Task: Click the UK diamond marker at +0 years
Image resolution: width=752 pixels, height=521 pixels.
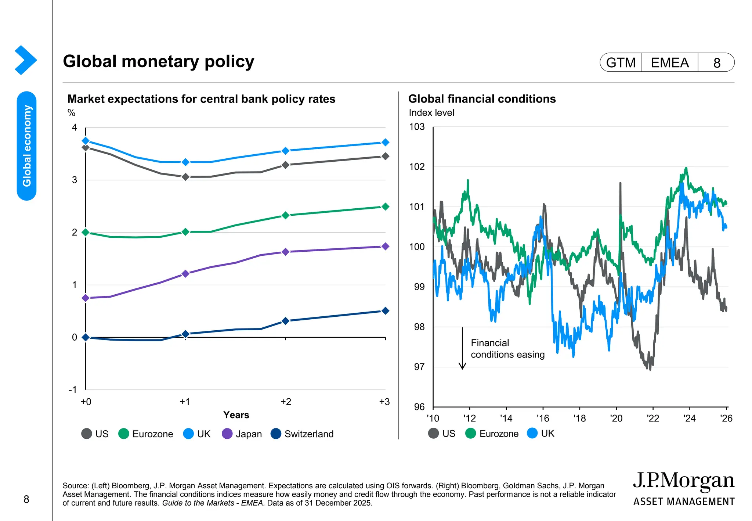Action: tap(86, 141)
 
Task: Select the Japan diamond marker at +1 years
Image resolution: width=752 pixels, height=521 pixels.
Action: tap(185, 274)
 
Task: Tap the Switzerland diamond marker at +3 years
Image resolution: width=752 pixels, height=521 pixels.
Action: tap(385, 311)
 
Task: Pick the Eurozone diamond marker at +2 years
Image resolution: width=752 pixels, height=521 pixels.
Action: tap(285, 215)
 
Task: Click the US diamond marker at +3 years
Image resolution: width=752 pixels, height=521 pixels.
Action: tap(385, 156)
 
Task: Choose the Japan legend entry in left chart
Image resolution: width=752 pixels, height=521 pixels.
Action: tap(242, 434)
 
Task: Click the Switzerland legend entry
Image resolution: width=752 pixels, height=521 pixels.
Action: tap(302, 434)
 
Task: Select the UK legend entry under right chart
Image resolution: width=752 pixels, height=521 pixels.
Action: tap(540, 434)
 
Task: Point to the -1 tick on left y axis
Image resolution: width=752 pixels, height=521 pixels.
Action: tap(73, 390)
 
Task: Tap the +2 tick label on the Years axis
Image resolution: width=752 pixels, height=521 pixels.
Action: tap(285, 402)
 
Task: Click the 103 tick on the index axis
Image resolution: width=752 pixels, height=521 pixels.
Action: tap(417, 127)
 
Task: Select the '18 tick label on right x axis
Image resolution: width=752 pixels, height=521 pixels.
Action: tap(579, 418)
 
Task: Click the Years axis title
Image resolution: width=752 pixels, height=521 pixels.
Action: tap(236, 415)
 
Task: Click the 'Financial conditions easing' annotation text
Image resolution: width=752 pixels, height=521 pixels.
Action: tap(507, 349)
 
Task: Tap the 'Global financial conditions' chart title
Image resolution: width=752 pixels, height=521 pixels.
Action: tap(482, 99)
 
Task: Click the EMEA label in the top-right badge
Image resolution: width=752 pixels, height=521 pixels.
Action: tap(669, 63)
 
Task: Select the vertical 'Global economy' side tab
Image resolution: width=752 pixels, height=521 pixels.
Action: tap(27, 146)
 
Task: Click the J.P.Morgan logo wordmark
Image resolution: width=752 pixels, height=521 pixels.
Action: tap(683, 481)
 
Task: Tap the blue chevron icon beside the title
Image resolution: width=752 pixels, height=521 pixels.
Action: tap(25, 60)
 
